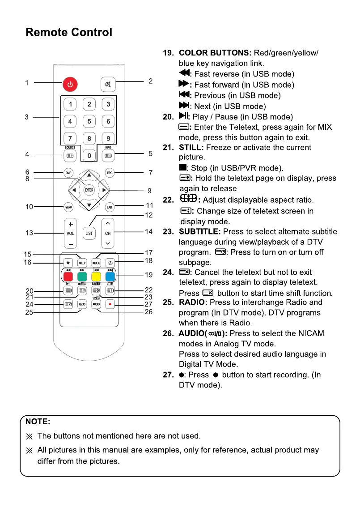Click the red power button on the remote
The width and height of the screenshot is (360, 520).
coord(70,84)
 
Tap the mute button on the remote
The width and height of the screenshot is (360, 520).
coord(108,84)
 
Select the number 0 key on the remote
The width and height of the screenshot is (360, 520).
coord(89,156)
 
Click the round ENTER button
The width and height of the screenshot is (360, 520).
coord(89,190)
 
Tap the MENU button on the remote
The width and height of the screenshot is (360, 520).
coord(68,207)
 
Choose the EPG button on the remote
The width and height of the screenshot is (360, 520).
coord(109,172)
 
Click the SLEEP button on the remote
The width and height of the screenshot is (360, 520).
coord(82,263)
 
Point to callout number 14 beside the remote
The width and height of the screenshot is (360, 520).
coord(149,232)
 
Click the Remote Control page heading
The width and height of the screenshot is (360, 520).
coord(69,32)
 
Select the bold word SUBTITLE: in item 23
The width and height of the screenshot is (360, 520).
coord(199,232)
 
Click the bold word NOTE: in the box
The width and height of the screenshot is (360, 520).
coord(38,422)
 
